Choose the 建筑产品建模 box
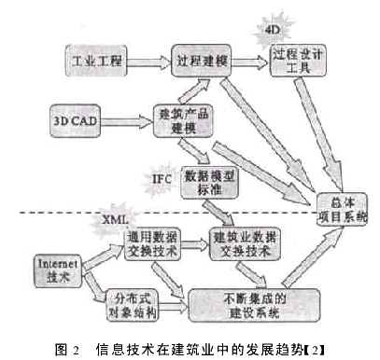click(x=177, y=119)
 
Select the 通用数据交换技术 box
click(x=152, y=245)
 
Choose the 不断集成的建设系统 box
click(x=244, y=305)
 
